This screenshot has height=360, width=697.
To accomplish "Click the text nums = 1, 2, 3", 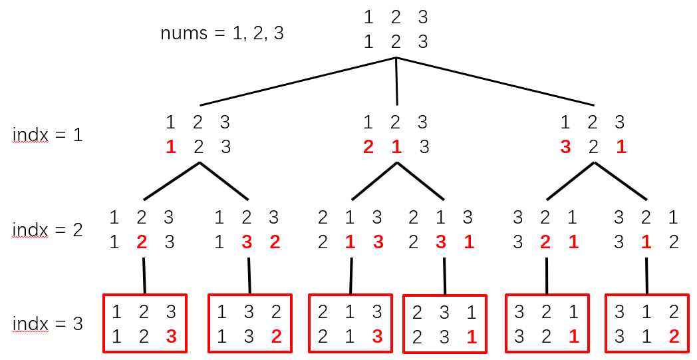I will click(x=222, y=33).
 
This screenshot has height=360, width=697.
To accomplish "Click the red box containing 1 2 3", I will click(x=144, y=323).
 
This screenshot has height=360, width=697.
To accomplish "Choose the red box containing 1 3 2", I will click(x=249, y=323).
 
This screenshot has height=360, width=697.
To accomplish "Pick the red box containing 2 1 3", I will click(x=350, y=323).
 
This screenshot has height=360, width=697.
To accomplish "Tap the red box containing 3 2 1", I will click(x=547, y=323).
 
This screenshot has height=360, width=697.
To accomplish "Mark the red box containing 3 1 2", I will click(x=646, y=323).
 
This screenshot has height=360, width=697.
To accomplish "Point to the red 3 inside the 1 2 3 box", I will click(x=171, y=337).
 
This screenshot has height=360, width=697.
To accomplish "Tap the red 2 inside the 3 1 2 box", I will click(x=674, y=337).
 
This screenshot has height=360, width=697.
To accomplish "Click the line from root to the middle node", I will click(x=396, y=81).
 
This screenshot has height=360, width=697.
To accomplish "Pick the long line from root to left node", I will click(x=298, y=81).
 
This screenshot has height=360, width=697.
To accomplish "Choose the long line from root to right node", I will click(x=495, y=81).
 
